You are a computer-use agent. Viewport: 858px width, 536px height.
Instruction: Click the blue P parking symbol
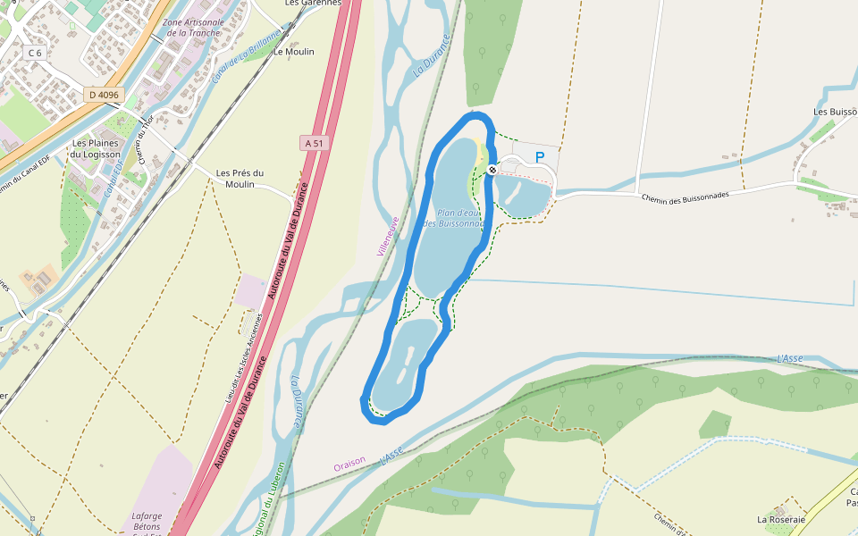(540, 157)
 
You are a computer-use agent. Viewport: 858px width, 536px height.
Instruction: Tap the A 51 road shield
(313, 143)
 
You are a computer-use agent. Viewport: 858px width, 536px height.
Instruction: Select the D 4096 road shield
(104, 95)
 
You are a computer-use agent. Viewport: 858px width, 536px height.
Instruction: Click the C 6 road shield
(35, 53)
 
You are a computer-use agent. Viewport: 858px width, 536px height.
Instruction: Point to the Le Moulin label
(294, 52)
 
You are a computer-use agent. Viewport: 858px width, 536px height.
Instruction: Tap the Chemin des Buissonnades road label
(684, 195)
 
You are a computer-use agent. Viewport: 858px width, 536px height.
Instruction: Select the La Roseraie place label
(781, 519)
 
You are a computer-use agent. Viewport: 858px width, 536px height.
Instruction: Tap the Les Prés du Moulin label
(240, 178)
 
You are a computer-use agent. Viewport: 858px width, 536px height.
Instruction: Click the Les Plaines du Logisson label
(96, 148)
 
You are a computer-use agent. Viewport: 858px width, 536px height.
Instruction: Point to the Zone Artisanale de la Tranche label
(192, 27)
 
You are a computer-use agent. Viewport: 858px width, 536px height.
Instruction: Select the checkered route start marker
(492, 170)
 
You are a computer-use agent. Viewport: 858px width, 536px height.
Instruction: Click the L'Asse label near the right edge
(790, 358)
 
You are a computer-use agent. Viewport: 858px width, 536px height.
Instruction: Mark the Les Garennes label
(313, 3)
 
